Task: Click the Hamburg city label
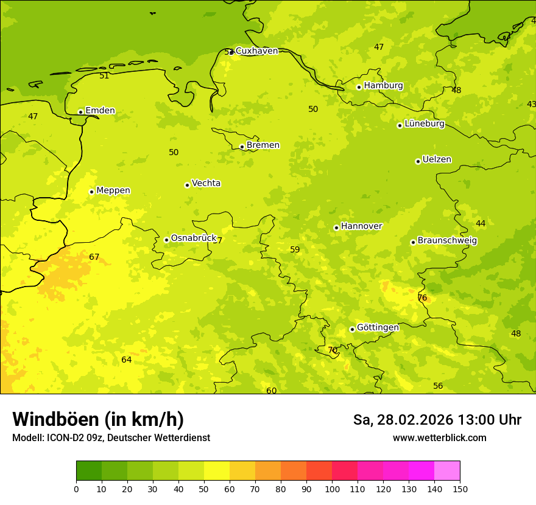coord(383,86)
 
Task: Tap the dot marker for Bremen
coord(242,147)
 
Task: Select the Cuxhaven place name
coord(256,51)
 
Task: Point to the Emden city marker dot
coord(80,112)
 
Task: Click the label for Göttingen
coord(378,327)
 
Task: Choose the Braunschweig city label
coord(447,241)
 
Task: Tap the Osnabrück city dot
coord(166,240)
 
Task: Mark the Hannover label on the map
coord(361,226)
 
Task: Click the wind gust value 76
coord(422,298)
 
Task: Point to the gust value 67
coord(94,257)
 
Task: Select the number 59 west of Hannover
coord(295,249)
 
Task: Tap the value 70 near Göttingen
coord(333,350)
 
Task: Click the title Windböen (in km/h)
coord(98,419)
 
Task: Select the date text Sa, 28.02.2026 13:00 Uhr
coord(437,420)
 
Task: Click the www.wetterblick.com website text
coord(439,438)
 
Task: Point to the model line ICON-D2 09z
coord(111,438)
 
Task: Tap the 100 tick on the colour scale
coord(332,489)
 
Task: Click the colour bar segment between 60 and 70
coord(242,471)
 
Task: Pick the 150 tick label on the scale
coord(459,489)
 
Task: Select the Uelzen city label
coord(437,160)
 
